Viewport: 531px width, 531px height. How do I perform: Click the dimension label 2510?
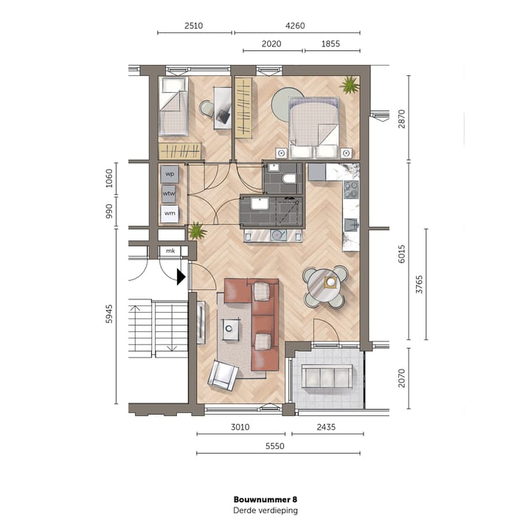pyautogui.click(x=194, y=26)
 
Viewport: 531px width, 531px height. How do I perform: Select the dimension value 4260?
pyautogui.click(x=295, y=26)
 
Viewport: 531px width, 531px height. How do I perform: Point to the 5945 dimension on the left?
pyautogui.click(x=109, y=315)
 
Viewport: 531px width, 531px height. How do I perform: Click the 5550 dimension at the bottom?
pyautogui.click(x=279, y=446)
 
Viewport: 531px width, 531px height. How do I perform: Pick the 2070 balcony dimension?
pyautogui.click(x=400, y=378)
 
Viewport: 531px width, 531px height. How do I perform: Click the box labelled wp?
pyautogui.click(x=170, y=174)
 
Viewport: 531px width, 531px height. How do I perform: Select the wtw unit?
pyautogui.click(x=170, y=194)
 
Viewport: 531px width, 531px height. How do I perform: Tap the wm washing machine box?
pyautogui.click(x=170, y=214)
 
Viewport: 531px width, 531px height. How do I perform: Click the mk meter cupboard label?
pyautogui.click(x=170, y=251)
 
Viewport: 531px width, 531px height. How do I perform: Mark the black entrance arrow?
pyautogui.click(x=181, y=277)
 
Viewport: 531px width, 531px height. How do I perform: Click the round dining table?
pyautogui.click(x=324, y=284)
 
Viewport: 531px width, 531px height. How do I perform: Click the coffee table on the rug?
pyautogui.click(x=233, y=327)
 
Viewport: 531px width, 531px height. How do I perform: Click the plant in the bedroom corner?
pyautogui.click(x=348, y=86)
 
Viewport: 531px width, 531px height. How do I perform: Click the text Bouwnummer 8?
pyautogui.click(x=265, y=499)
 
